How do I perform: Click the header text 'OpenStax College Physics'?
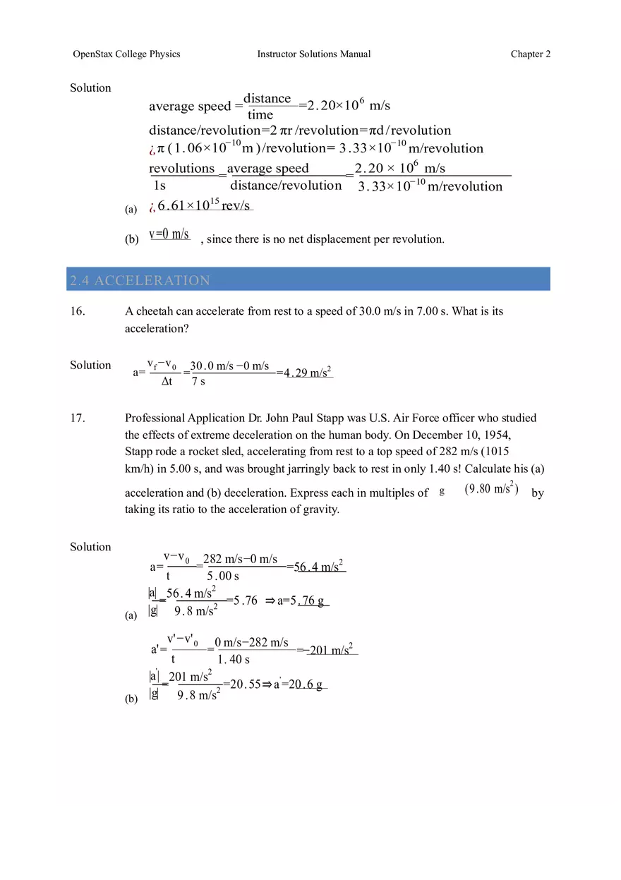click(x=126, y=54)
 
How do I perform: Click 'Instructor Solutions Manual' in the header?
click(x=313, y=54)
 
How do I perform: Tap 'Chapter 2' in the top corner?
click(x=531, y=54)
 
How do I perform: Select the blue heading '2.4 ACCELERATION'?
click(x=140, y=280)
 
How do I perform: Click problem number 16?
click(x=78, y=311)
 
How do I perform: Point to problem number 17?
click(x=78, y=418)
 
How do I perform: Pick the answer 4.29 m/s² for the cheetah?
click(x=308, y=373)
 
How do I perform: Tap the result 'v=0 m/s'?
click(x=169, y=235)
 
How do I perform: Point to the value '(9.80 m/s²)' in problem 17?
click(x=492, y=489)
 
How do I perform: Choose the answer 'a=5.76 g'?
click(x=303, y=601)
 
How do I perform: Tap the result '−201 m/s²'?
click(x=330, y=650)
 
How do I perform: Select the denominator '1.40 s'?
click(x=234, y=660)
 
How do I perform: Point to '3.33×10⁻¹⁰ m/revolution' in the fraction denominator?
click(x=430, y=186)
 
